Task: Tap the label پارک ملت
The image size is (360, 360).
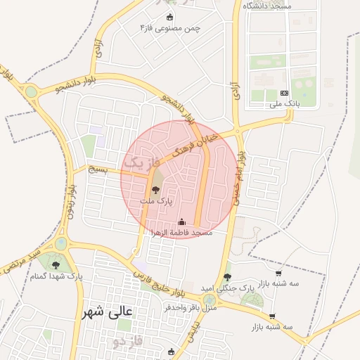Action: [x=155, y=201]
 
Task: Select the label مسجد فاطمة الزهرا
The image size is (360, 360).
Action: [x=182, y=232]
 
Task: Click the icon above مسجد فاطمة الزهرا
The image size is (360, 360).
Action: [x=181, y=222]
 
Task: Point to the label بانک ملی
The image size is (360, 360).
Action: [x=284, y=104]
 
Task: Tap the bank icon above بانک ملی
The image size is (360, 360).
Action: [x=284, y=93]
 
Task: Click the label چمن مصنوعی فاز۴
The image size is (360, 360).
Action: [x=169, y=27]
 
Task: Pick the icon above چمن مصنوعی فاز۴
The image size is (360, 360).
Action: [x=169, y=17]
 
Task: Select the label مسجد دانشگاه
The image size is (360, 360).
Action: [x=268, y=6]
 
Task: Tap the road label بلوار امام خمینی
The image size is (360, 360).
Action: [x=239, y=175]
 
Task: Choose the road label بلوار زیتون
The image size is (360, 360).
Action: [x=71, y=203]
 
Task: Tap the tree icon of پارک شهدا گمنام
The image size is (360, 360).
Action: [x=56, y=266]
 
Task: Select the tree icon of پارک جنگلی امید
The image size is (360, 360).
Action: [x=226, y=277]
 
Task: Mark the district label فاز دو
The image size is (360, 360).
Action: [x=127, y=342]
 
